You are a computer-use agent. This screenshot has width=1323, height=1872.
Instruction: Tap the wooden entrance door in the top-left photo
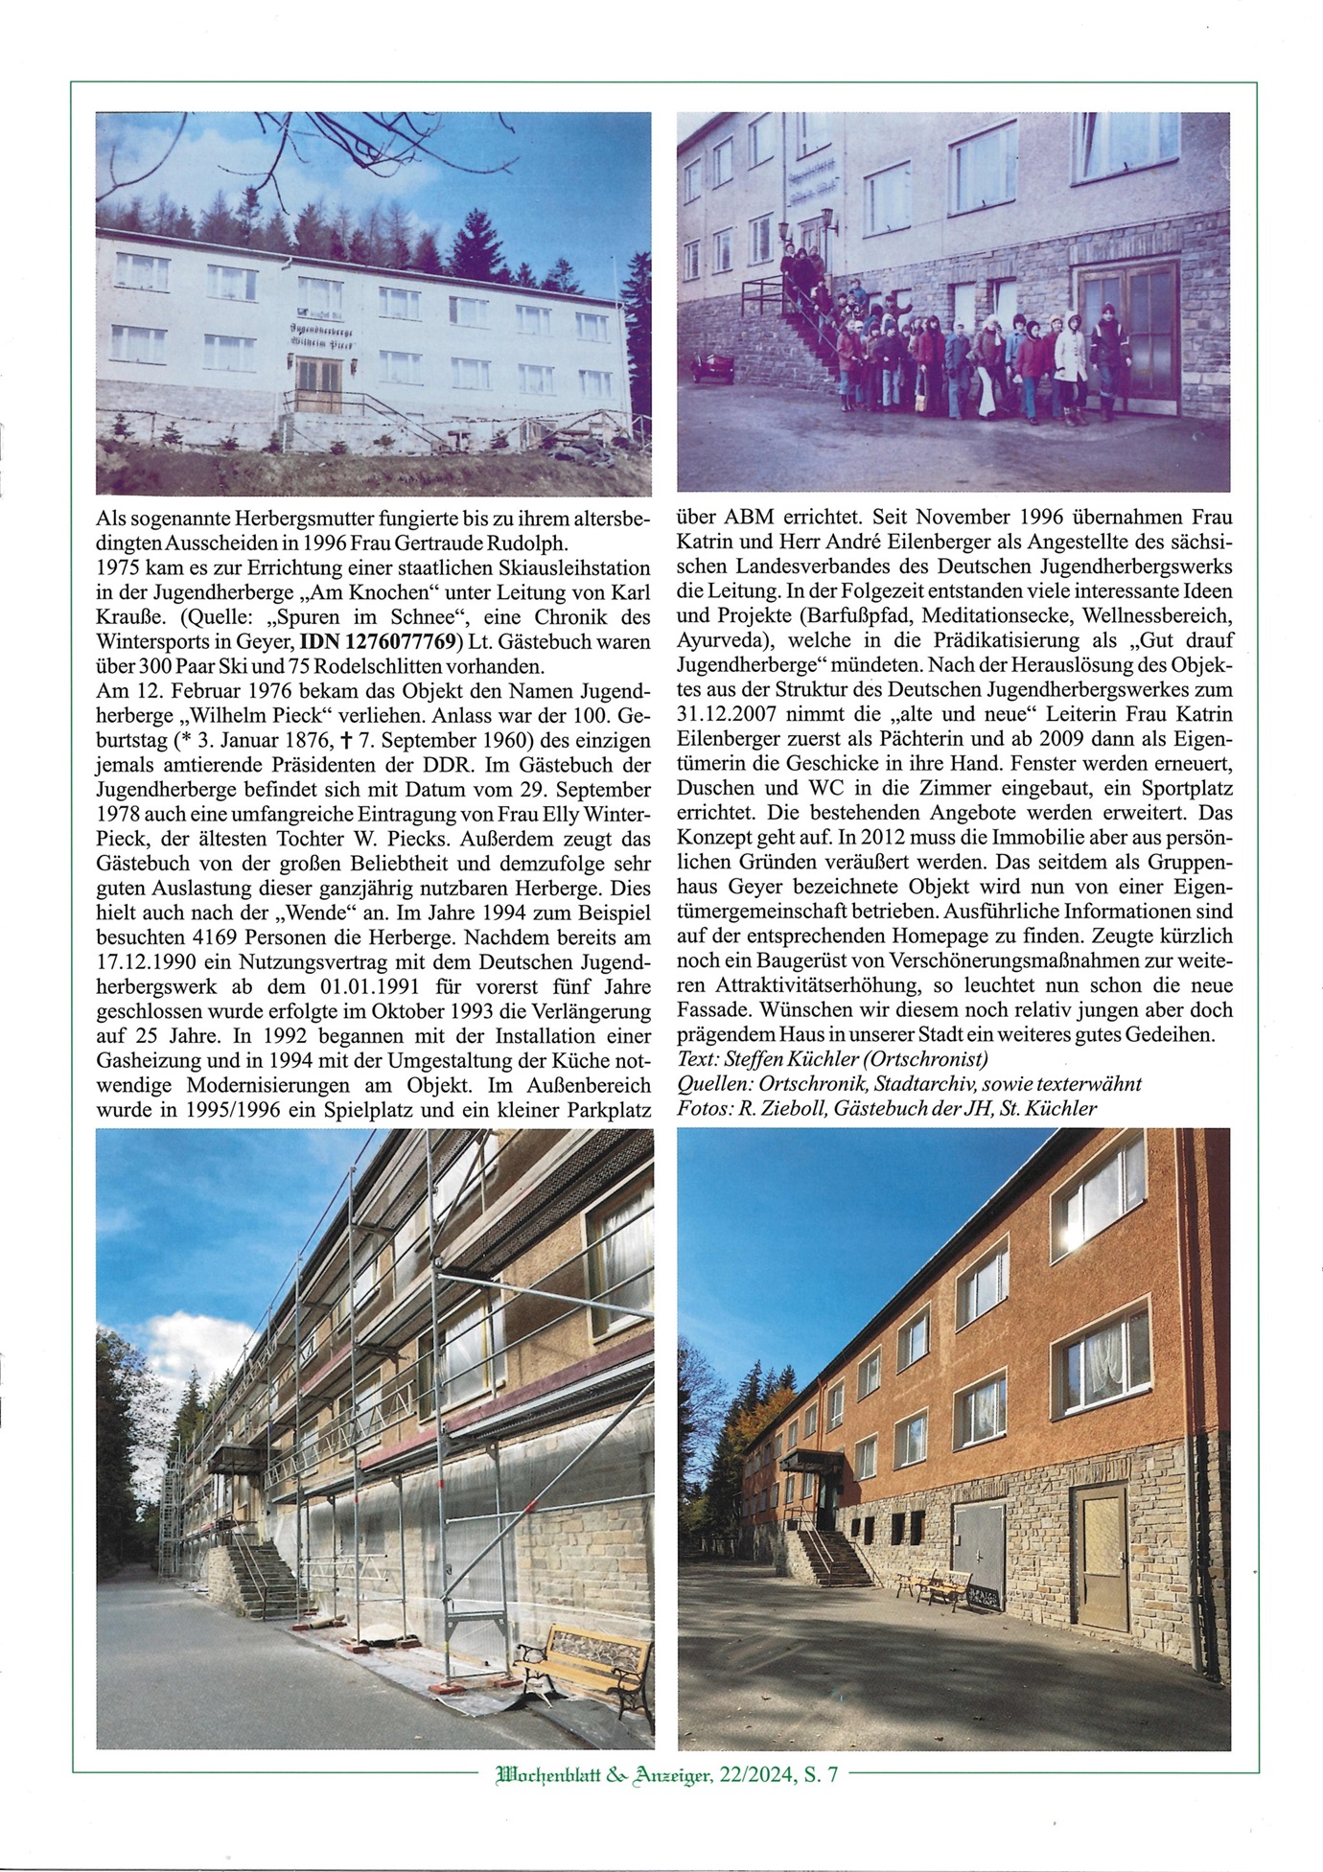pyautogui.click(x=315, y=381)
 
